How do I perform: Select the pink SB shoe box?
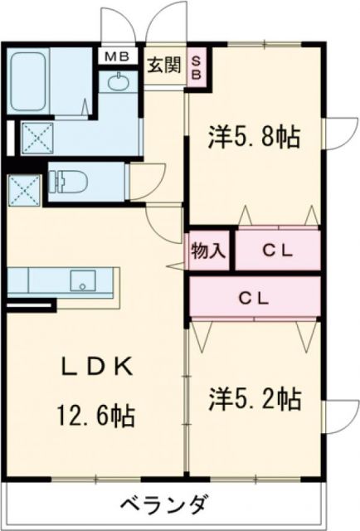[x=197, y=65]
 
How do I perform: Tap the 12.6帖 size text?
[x=94, y=412]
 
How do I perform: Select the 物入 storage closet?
[x=207, y=250]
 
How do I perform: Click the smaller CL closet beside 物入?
[x=278, y=250]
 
